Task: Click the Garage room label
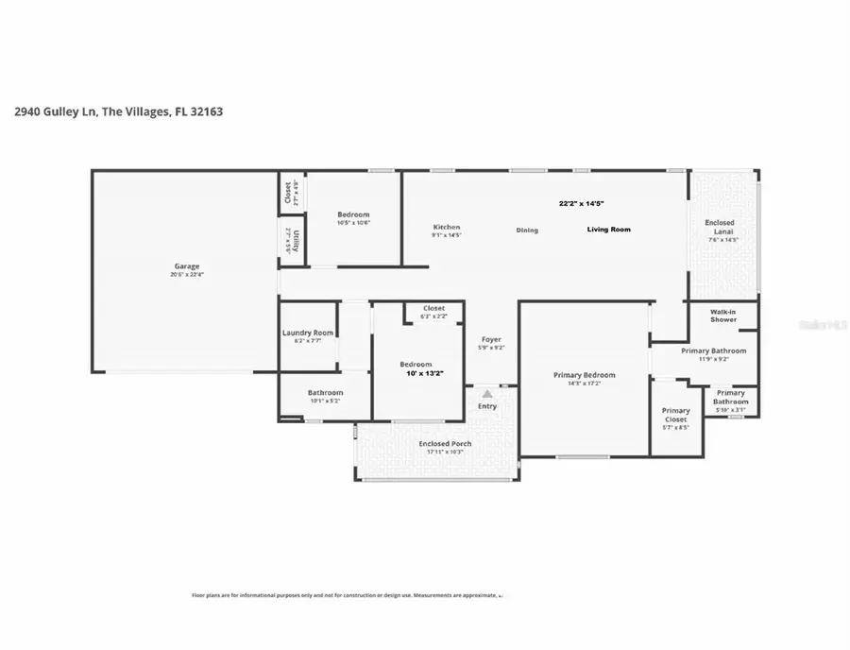[186, 266]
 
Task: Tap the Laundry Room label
[308, 333]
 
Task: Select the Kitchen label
[447, 228]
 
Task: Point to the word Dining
[527, 230]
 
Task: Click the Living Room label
[608, 230]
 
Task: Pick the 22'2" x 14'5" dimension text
[581, 203]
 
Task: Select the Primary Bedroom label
[584, 375]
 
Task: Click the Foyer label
[491, 339]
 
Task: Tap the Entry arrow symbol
[486, 393]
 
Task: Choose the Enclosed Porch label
[445, 443]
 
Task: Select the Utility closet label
[296, 241]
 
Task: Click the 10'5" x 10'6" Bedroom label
[354, 215]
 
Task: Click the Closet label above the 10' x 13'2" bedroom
[433, 308]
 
